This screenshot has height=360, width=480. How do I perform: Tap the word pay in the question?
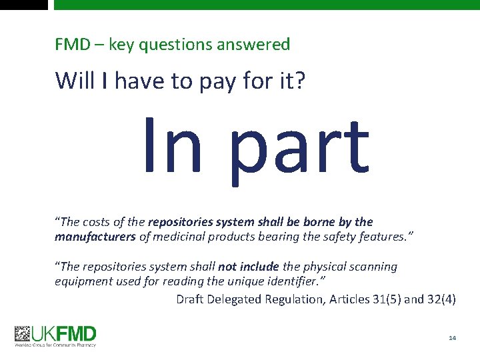coord(209,81)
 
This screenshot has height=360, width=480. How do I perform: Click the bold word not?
coord(231,267)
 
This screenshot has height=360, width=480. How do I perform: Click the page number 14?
coord(453,339)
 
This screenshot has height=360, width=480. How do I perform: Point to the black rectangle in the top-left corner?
coord(24,4)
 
